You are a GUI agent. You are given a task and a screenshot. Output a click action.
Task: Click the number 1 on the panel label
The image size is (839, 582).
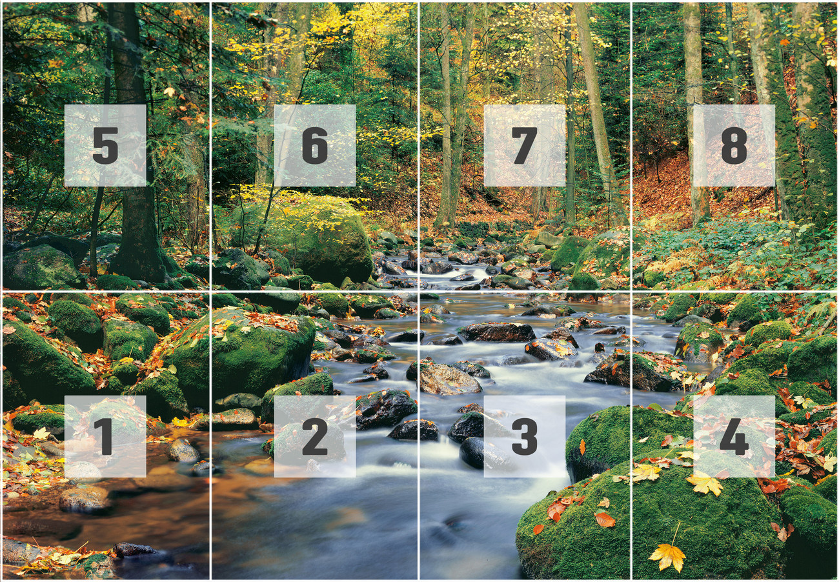(104, 436)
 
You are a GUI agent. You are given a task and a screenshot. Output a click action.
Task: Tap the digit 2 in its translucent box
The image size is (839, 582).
(314, 436)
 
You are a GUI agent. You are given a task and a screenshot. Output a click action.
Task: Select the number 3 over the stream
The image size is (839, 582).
(524, 436)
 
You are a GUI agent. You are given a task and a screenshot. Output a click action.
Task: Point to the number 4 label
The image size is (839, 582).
(734, 436)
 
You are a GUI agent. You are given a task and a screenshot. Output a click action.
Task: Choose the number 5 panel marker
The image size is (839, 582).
(105, 145)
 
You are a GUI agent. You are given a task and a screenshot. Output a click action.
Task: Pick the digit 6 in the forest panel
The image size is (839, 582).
(314, 145)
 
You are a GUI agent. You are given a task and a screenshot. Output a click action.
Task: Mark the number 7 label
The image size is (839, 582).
(524, 145)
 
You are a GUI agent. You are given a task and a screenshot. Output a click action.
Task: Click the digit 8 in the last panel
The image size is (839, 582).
(734, 145)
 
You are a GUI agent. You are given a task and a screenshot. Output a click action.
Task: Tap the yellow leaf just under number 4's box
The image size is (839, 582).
(703, 483)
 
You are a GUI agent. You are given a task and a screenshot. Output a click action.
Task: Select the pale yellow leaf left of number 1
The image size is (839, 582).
(41, 433)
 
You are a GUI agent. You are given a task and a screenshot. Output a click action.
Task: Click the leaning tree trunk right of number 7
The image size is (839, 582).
(597, 116)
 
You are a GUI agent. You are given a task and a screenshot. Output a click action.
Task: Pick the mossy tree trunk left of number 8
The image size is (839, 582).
(694, 161)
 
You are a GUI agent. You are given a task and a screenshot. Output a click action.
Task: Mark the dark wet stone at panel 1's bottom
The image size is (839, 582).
(134, 550)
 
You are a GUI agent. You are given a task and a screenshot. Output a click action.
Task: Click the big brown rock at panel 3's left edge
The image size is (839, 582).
(448, 379)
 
